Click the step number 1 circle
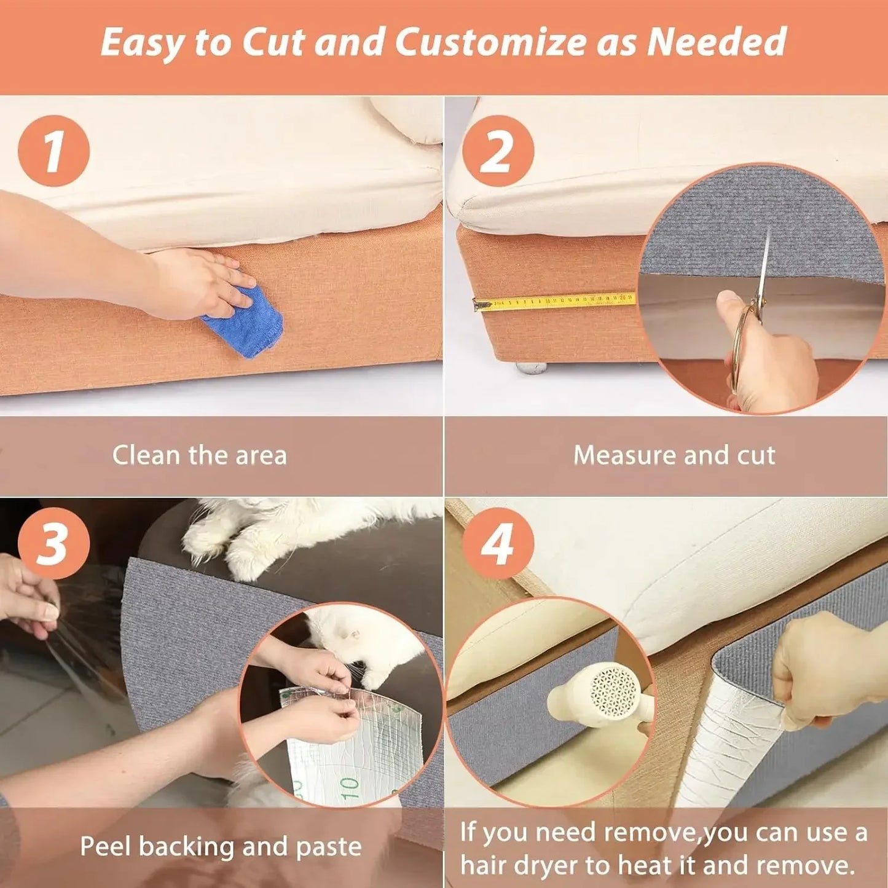pyautogui.click(x=53, y=151)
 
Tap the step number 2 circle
pyautogui.click(x=497, y=151)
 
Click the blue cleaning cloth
pyautogui.click(x=243, y=326)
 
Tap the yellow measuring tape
pyautogui.click(x=553, y=302)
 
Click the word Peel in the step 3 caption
pyautogui.click(x=105, y=846)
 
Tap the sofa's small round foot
pyautogui.click(x=531, y=367)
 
